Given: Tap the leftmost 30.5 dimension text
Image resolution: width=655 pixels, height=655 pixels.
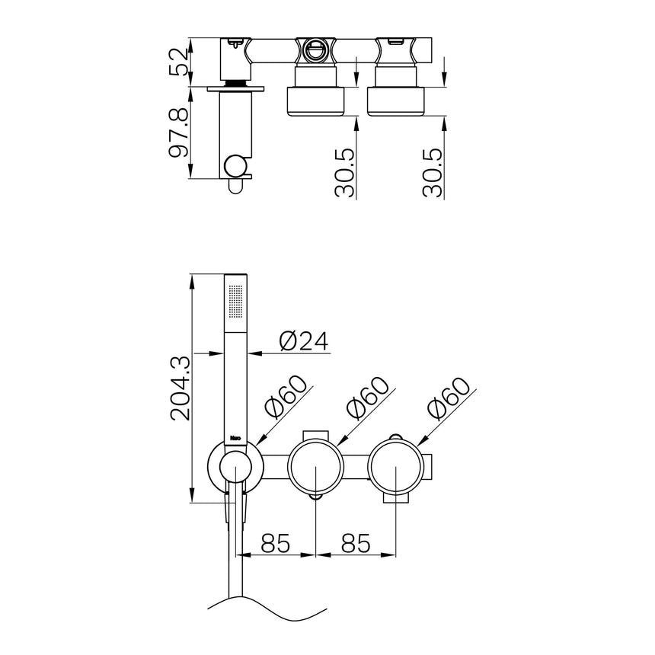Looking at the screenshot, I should tap(345, 172).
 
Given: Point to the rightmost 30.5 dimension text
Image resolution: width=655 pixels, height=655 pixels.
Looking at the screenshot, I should tap(433, 172).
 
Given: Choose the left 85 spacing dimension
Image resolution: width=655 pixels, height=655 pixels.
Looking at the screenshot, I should tap(275, 542).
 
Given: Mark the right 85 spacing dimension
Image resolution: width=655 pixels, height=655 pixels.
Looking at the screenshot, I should tap(356, 542).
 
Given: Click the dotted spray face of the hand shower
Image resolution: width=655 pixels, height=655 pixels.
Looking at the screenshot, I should tap(236, 302).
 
